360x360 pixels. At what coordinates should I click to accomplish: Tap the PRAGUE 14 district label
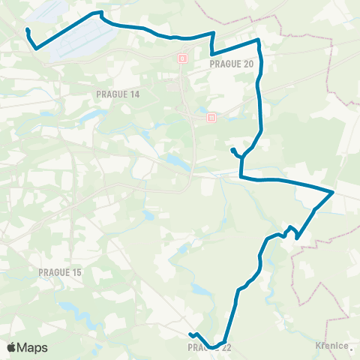pos(118,94)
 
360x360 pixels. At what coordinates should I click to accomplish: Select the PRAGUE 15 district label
pos(59,271)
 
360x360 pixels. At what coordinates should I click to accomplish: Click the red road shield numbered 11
pos(211,117)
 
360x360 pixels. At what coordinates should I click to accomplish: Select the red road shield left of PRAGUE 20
pos(182,57)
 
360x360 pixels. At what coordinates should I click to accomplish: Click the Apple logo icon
pos(13,347)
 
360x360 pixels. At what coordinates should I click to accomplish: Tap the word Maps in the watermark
pos(34,347)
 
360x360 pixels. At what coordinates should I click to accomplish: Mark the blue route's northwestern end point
pos(27,30)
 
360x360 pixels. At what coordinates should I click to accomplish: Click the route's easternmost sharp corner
pos(333,192)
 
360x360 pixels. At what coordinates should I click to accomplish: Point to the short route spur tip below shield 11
pos(232,150)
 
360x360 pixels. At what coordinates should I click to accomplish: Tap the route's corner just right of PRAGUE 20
pos(259,40)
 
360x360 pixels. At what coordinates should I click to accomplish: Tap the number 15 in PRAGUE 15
pos(74,271)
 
